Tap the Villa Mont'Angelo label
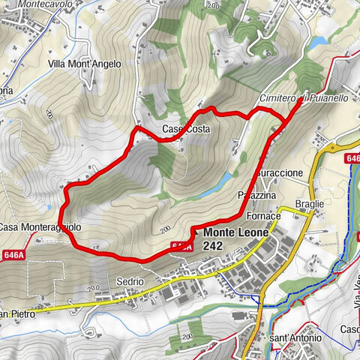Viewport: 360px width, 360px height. click(85, 64)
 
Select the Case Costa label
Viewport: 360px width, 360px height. click(186, 130)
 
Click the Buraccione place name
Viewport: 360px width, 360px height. click(279, 173)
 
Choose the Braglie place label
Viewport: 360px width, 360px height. click(309, 204)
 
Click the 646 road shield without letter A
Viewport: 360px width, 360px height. click(352, 159)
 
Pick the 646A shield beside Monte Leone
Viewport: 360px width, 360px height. click(181, 245)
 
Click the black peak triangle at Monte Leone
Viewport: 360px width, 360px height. click(193, 233)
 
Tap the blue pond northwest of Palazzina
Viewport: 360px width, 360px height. click(223, 178)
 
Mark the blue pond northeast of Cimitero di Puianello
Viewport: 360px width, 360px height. click(318, 42)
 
